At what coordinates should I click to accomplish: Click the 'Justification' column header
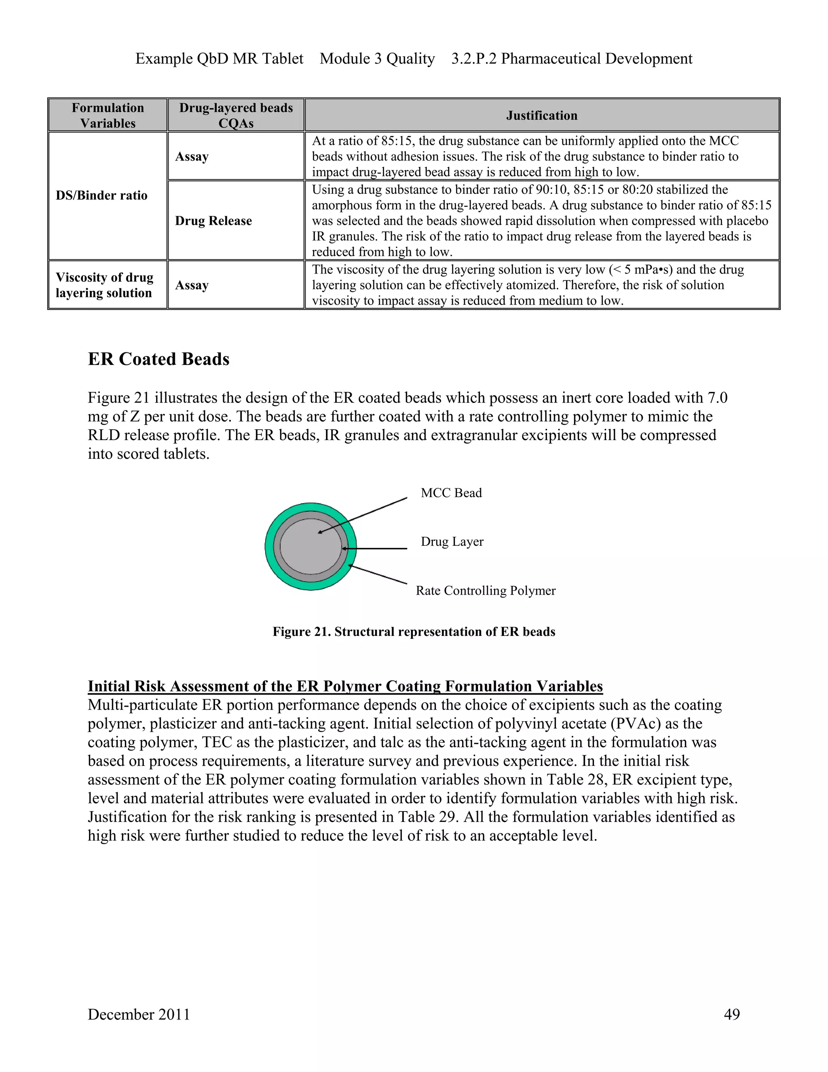tap(541, 115)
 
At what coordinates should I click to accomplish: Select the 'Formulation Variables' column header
tap(108, 115)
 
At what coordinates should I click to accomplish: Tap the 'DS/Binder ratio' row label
tap(101, 195)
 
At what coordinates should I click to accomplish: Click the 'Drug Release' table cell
tap(213, 221)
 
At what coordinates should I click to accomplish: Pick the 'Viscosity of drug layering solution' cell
tap(104, 285)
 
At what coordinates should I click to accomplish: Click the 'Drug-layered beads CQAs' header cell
tap(236, 115)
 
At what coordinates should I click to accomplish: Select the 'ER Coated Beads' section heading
tap(158, 359)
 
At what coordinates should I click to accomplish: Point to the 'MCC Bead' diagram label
tap(451, 493)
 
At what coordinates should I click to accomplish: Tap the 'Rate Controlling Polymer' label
tap(486, 591)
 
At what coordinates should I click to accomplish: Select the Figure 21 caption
tap(414, 632)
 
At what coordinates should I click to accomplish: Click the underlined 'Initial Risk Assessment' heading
tap(345, 686)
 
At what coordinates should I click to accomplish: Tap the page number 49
tap(731, 1014)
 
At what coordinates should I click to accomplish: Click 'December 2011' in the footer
tap(139, 1014)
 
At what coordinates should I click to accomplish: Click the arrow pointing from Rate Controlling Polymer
tap(378, 574)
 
